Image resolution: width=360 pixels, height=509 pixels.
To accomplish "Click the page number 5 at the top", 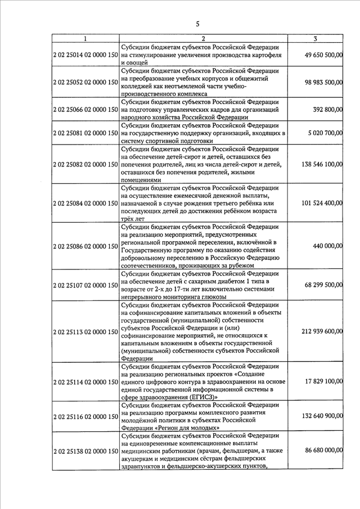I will point(197,23).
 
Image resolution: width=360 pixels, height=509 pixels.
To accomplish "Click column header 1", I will point(85,38).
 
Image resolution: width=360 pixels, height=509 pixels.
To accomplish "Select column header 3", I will point(316,38).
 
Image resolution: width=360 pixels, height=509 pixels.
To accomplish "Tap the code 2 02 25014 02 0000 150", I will point(85,55).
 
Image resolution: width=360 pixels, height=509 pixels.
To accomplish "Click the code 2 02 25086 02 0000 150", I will point(85,246).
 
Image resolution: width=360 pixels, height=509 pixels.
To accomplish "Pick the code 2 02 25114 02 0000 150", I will point(85,382).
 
